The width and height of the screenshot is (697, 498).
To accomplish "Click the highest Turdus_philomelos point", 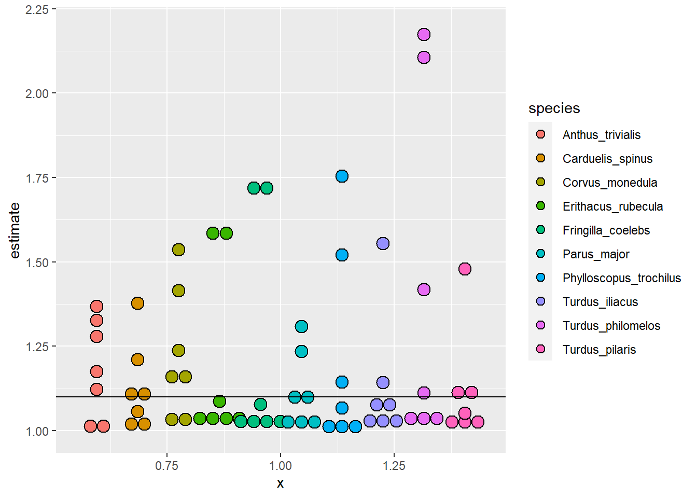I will coord(424,35).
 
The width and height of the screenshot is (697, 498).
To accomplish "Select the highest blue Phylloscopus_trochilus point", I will coord(342,176).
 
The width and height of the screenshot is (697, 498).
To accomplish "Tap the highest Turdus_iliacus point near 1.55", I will coord(383,243).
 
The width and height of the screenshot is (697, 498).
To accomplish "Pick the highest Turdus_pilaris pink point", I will coord(465,269).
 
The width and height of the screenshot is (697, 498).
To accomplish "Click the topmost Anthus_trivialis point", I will coord(96,306).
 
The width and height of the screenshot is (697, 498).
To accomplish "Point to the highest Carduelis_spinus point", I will coord(137,303).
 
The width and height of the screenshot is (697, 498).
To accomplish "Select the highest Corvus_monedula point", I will coord(178,250).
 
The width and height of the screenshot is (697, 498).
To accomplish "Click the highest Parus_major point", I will coord(301,326).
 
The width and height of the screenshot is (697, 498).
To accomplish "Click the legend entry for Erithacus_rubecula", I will coord(612,206).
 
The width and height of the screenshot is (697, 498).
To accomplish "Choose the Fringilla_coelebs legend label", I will coord(606,230).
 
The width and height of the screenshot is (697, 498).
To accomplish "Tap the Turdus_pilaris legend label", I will coord(599,350).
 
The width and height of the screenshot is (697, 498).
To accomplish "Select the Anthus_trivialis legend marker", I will coord(540,134).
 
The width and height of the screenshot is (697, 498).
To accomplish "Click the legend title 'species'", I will coord(554,108).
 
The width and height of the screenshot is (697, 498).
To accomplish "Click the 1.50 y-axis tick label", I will coord(37,262).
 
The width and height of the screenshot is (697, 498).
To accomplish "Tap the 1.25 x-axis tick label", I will coord(394,465).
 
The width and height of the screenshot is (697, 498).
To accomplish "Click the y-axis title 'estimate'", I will coord(15,230).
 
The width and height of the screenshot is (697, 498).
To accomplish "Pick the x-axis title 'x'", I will coord(280,483).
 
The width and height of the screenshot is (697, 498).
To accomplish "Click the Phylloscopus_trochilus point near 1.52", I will coord(342,255).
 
